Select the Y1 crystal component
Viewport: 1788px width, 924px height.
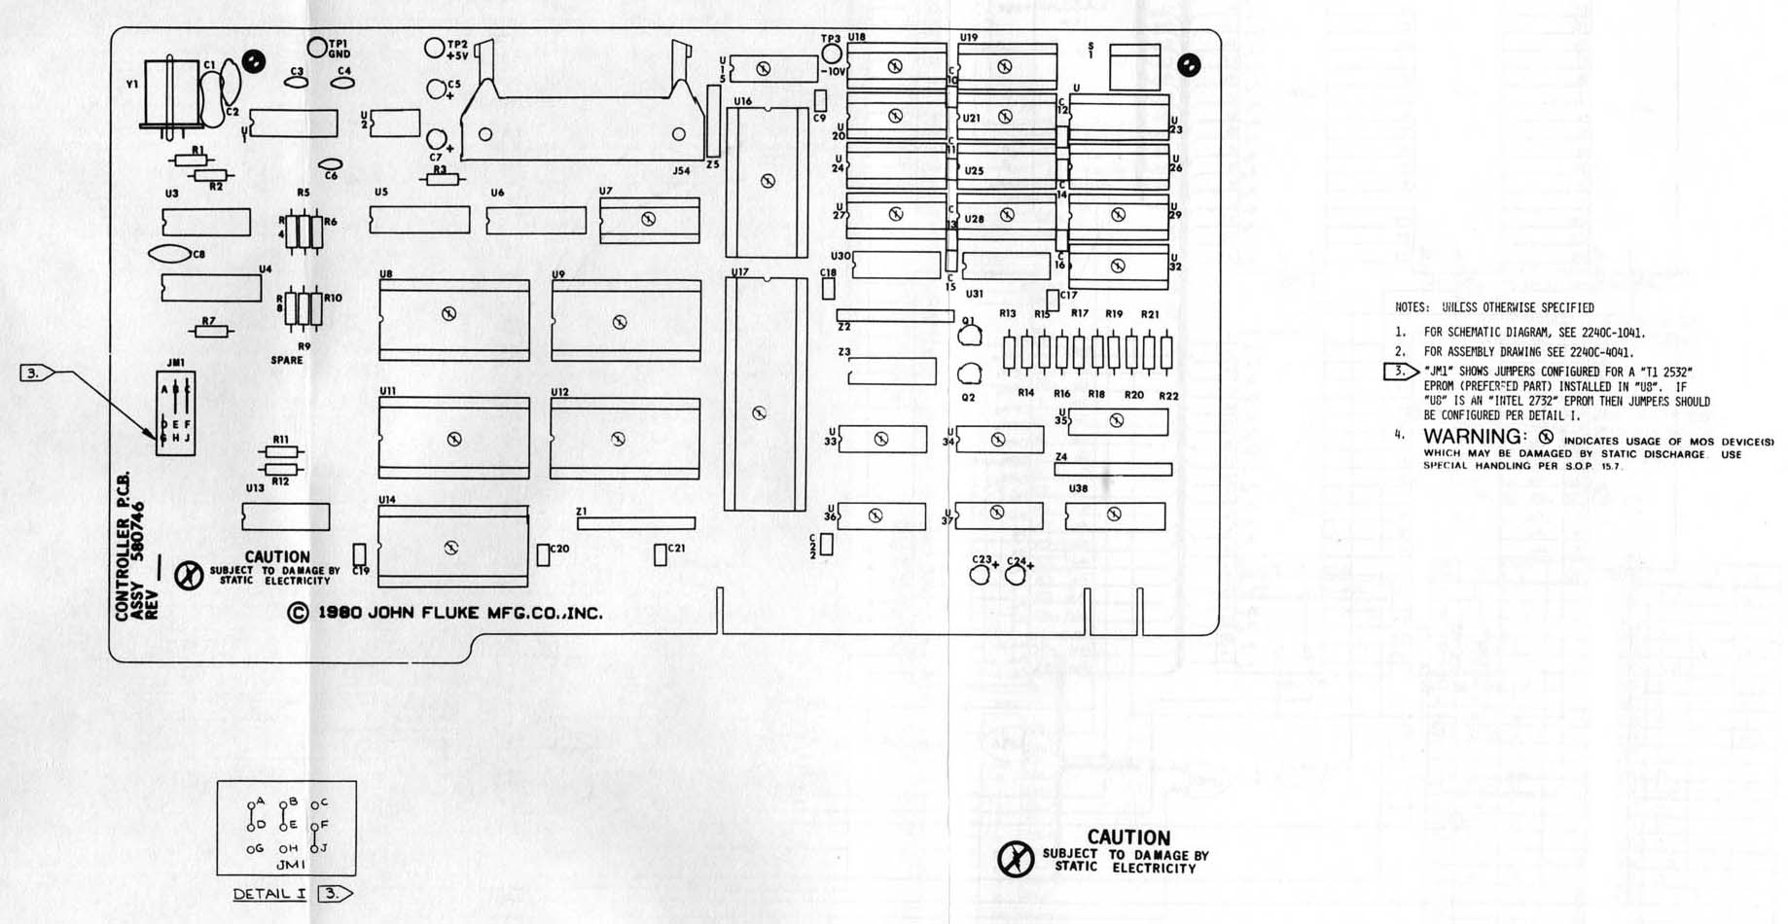point(172,93)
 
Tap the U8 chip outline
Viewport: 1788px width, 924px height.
point(454,320)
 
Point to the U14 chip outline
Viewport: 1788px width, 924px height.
point(452,546)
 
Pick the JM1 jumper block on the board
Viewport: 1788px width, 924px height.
point(176,413)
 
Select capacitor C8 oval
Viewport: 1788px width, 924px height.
point(169,255)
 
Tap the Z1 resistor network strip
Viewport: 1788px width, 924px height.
point(636,523)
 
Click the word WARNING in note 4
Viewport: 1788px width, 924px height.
point(1473,437)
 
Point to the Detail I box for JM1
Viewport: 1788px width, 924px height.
point(286,828)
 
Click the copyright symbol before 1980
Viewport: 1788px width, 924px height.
point(298,614)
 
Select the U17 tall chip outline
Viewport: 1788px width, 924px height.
point(766,394)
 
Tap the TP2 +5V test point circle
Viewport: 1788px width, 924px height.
point(435,47)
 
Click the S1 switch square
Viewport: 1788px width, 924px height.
point(1134,67)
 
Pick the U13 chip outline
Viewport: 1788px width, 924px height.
point(286,516)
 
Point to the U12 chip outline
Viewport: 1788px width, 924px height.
point(625,438)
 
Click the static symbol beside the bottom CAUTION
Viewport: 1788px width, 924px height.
point(1016,859)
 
